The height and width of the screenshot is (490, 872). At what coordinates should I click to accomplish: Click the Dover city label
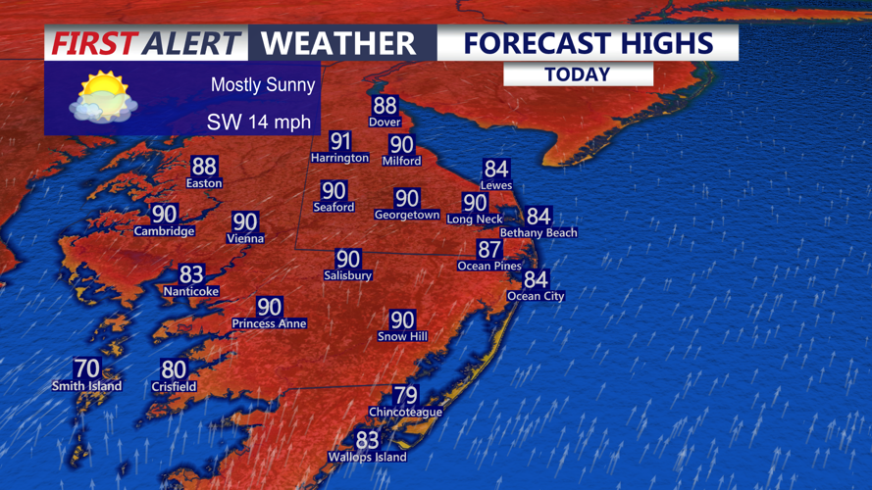coord(385,122)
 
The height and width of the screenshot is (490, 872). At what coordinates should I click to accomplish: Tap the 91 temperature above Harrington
coord(340,141)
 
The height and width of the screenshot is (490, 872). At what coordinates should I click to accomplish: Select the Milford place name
coord(401,161)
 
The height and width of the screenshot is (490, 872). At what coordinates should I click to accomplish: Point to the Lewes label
coord(496,185)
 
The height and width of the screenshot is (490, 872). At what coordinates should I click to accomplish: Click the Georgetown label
coord(407,215)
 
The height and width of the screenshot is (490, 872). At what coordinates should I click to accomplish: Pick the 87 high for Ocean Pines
coord(489,250)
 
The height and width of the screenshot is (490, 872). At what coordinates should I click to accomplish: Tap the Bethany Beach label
coord(539,233)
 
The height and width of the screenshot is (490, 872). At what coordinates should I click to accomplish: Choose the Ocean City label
coord(536,296)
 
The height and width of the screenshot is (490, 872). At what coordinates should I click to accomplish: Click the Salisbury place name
coord(348,276)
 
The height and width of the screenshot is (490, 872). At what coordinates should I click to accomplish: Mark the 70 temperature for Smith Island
coord(87,368)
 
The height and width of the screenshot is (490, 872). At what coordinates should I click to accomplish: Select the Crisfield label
coord(174,387)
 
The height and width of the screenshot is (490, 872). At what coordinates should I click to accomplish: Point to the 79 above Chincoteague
coord(405,396)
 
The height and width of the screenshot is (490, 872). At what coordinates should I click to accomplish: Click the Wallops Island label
coord(367,457)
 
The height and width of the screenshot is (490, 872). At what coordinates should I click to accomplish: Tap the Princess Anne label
coord(269,323)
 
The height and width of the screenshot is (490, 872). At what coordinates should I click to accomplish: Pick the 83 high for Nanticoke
coord(191,275)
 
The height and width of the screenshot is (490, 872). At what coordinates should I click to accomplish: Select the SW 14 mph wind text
coord(258,122)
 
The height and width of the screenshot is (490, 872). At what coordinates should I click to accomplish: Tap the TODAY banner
coord(578,74)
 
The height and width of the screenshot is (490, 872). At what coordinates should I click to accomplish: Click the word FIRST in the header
coord(94,44)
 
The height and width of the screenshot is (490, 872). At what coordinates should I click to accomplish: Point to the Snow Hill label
coord(402,337)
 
